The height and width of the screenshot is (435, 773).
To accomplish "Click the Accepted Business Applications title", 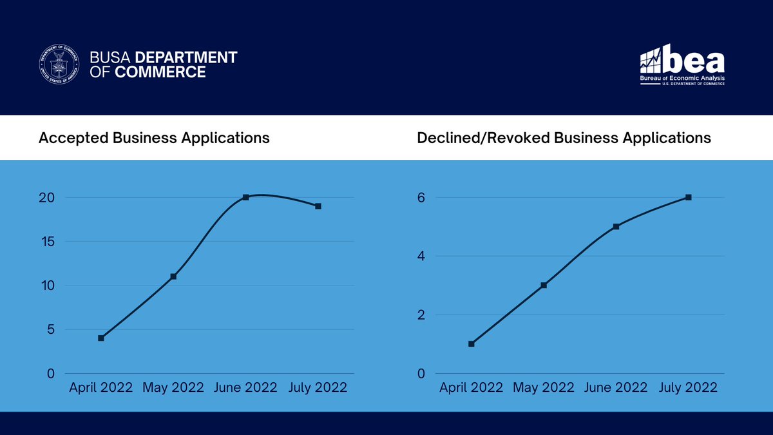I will click(x=154, y=138).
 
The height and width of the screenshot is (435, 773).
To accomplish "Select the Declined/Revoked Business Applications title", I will click(x=564, y=138).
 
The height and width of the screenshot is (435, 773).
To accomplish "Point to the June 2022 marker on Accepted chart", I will click(x=245, y=197).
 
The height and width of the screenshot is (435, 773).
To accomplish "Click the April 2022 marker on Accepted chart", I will click(x=101, y=338).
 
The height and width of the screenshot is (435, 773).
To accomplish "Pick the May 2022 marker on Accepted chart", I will click(x=173, y=276).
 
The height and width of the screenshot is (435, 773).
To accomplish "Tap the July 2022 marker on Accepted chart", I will click(x=318, y=206).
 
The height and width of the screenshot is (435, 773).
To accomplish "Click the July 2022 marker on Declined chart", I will click(x=688, y=197).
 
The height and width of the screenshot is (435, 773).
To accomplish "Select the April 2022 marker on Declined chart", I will click(x=472, y=343).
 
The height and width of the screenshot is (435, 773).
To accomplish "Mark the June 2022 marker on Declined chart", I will click(x=616, y=226).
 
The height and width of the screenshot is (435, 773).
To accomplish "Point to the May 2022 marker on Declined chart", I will click(x=544, y=285).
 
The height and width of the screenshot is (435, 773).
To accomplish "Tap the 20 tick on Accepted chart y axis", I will click(x=47, y=198).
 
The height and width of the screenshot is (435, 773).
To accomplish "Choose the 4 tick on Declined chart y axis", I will click(x=421, y=256).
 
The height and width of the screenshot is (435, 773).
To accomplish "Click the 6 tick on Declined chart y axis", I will click(x=421, y=198).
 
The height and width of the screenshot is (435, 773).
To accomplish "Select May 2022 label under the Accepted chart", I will click(x=173, y=387).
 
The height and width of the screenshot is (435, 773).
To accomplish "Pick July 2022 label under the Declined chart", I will click(x=687, y=387).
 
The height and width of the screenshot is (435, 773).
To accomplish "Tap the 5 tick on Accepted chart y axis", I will click(x=50, y=330).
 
